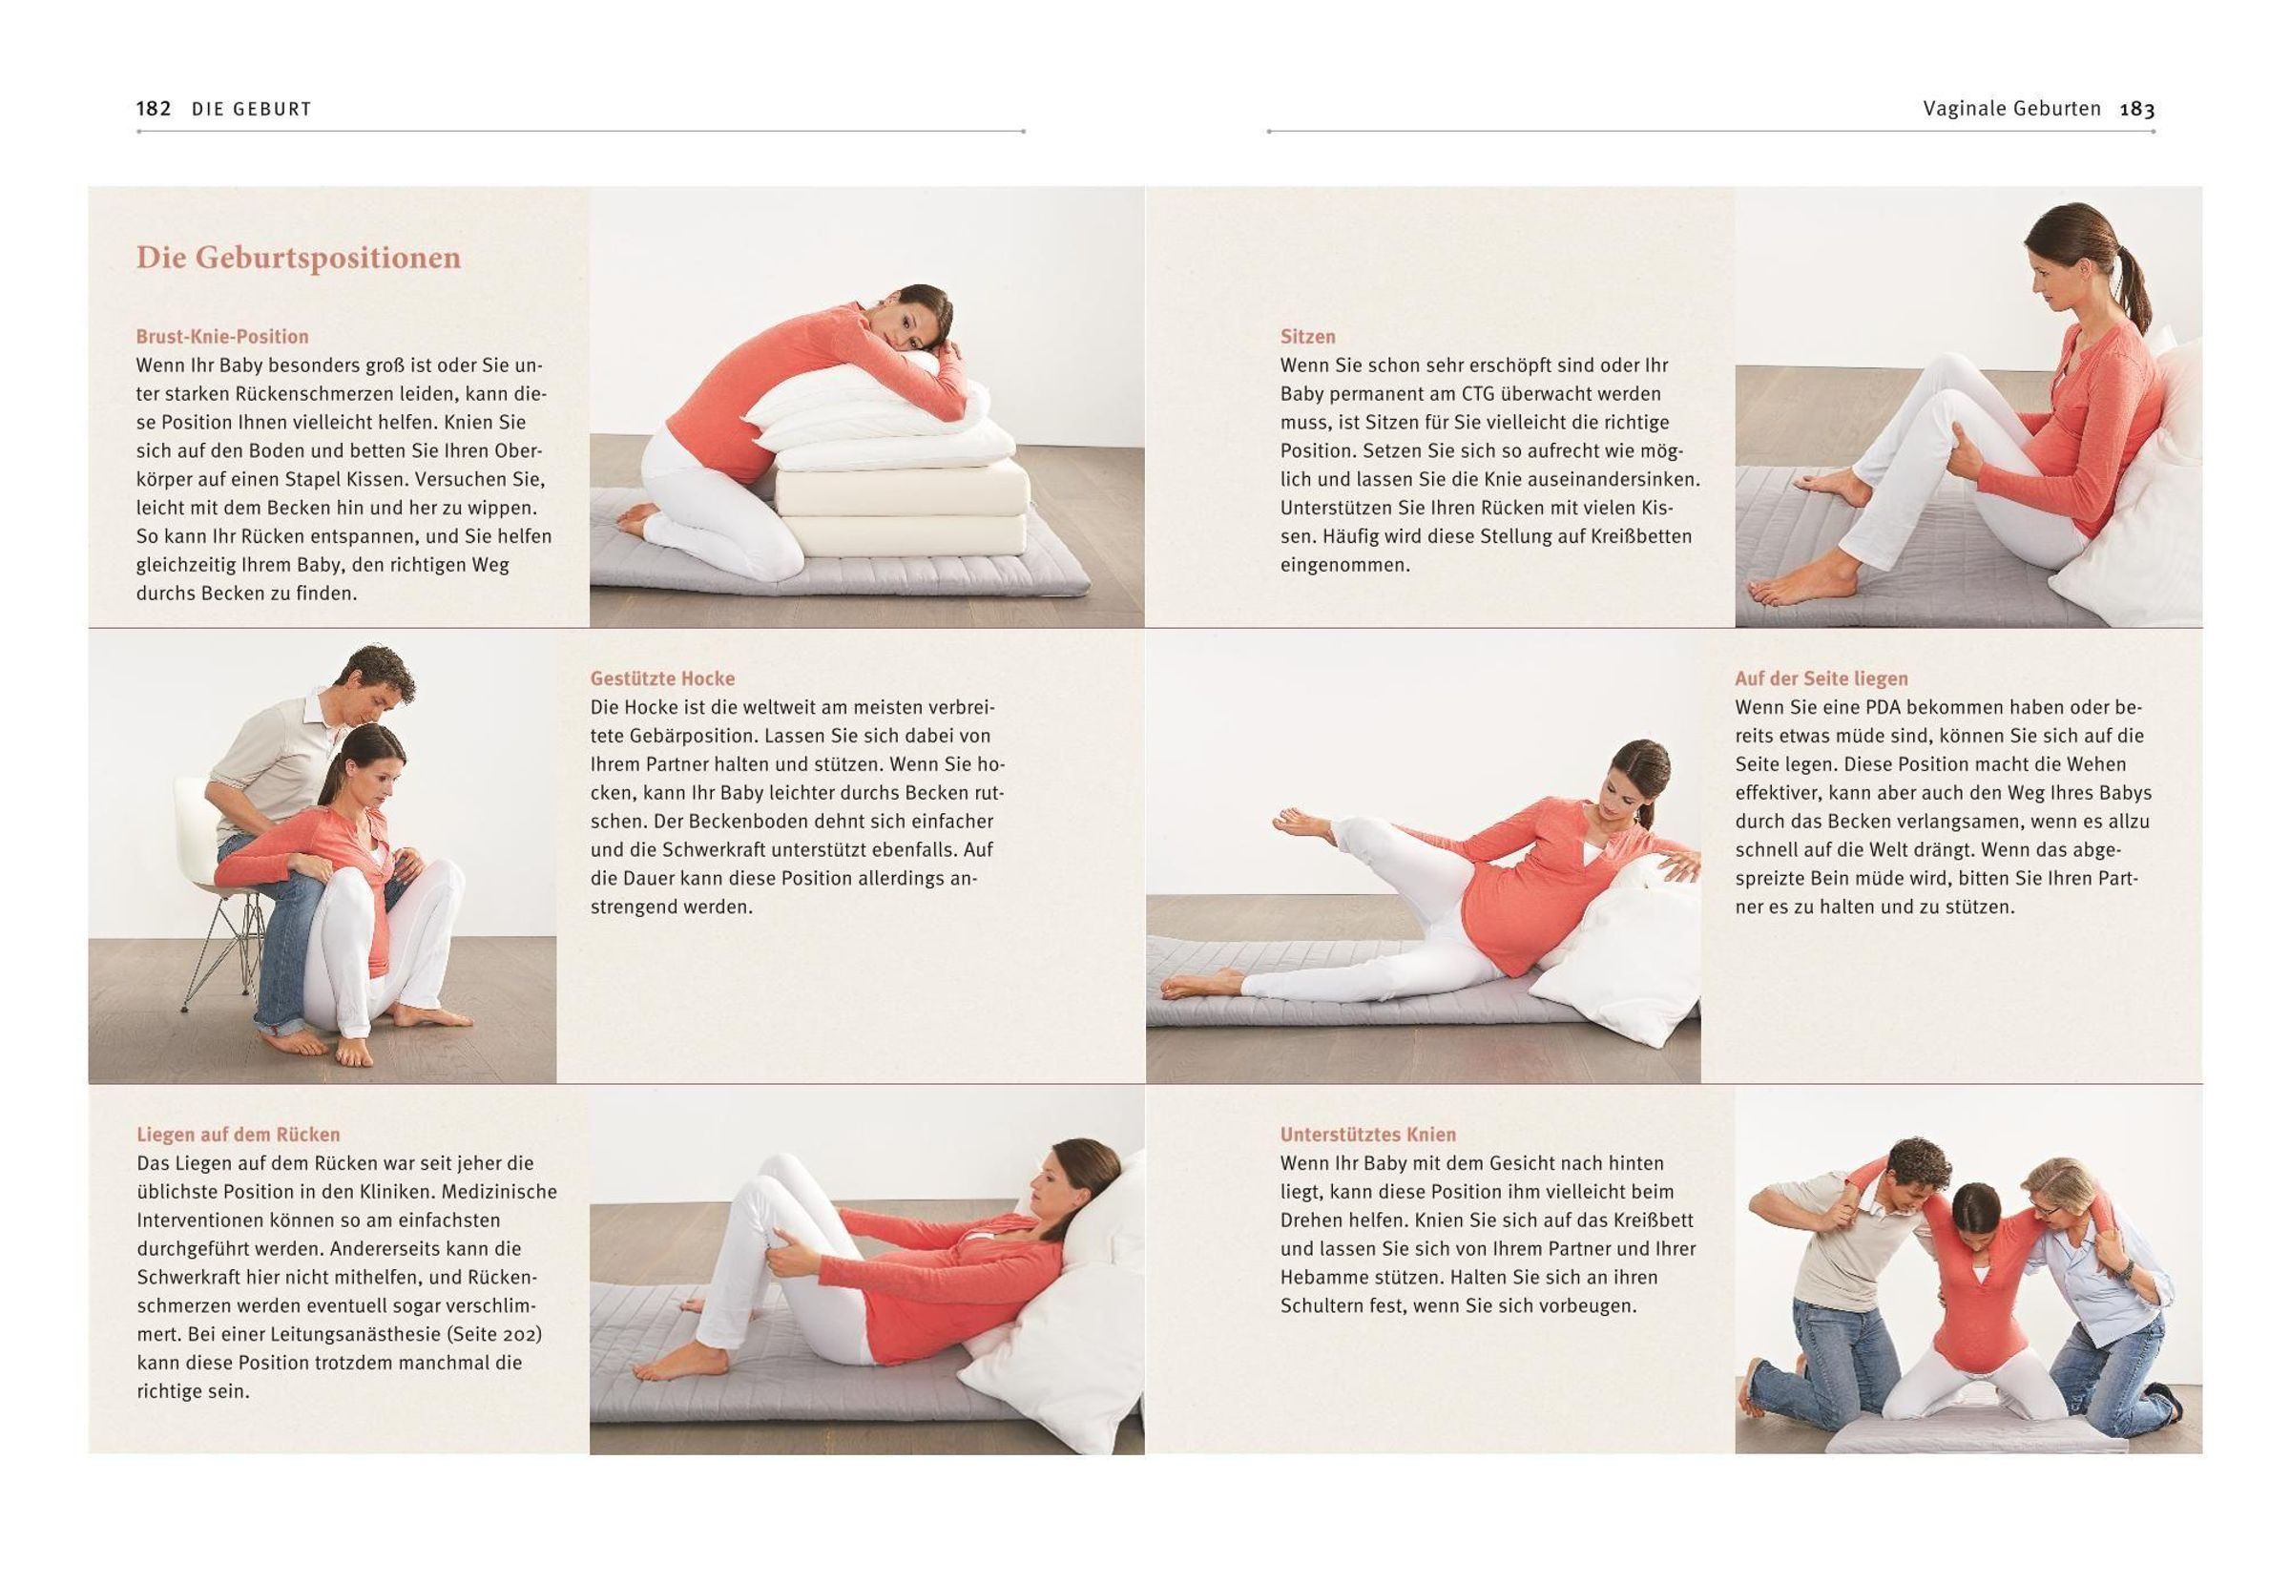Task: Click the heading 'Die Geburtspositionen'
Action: click(x=299, y=259)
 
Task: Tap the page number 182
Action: click(x=154, y=108)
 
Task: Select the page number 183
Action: click(x=2137, y=109)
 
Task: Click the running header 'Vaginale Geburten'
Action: click(x=2012, y=109)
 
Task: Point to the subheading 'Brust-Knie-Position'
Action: click(x=222, y=337)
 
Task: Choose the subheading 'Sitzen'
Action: click(x=1308, y=337)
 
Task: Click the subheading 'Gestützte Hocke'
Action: click(x=662, y=679)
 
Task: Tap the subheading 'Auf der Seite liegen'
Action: click(x=1822, y=679)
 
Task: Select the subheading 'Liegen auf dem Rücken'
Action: click(x=239, y=1136)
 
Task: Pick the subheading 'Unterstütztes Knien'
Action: click(x=1368, y=1136)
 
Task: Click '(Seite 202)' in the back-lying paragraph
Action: click(x=492, y=1335)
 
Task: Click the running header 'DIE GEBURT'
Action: click(x=252, y=109)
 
